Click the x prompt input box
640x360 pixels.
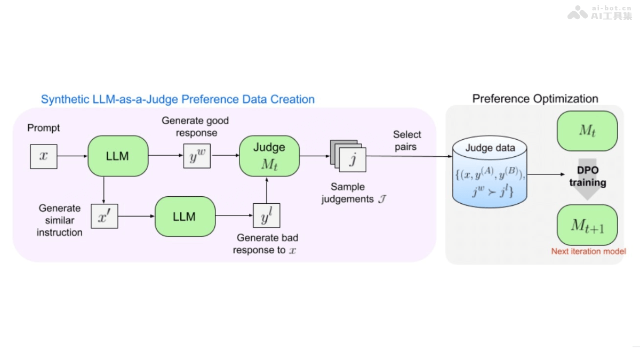[x=44, y=156]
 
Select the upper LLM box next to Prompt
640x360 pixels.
[x=117, y=156]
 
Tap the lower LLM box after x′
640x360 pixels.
[x=185, y=217]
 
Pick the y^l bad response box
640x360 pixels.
[x=266, y=216]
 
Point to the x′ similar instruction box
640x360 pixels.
[x=104, y=216]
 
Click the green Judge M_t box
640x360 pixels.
[x=269, y=156]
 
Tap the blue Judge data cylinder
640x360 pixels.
[x=490, y=173]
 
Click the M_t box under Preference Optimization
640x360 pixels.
[x=587, y=131]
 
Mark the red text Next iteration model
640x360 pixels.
[x=588, y=251]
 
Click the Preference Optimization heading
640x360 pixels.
[x=535, y=99]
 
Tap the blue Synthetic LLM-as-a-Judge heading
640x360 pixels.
[x=178, y=99]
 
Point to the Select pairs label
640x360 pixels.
[x=407, y=140]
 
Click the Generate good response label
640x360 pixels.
[x=195, y=126]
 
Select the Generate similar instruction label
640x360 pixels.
[x=59, y=220]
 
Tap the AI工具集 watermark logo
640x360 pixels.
[x=599, y=13]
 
